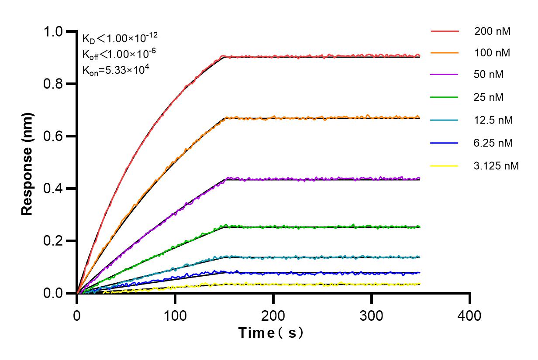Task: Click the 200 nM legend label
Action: pyautogui.click(x=493, y=31)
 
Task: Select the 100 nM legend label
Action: pyautogui.click(x=493, y=53)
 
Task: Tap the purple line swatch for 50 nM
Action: pyautogui.click(x=445, y=75)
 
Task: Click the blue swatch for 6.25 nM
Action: pyautogui.click(x=445, y=143)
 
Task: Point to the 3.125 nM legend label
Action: pyautogui.click(x=496, y=166)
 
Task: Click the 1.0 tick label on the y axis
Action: pyautogui.click(x=54, y=31)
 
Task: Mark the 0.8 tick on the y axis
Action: pyautogui.click(x=54, y=84)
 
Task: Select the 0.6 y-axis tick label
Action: pyautogui.click(x=54, y=136)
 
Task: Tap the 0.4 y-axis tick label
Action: pyautogui.click(x=54, y=189)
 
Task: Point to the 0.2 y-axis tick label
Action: pyautogui.click(x=54, y=241)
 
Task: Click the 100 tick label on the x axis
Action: pyautogui.click(x=175, y=315)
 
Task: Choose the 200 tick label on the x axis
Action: pyautogui.click(x=273, y=315)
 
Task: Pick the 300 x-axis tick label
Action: pyautogui.click(x=372, y=315)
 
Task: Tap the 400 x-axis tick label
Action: pyautogui.click(x=470, y=315)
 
